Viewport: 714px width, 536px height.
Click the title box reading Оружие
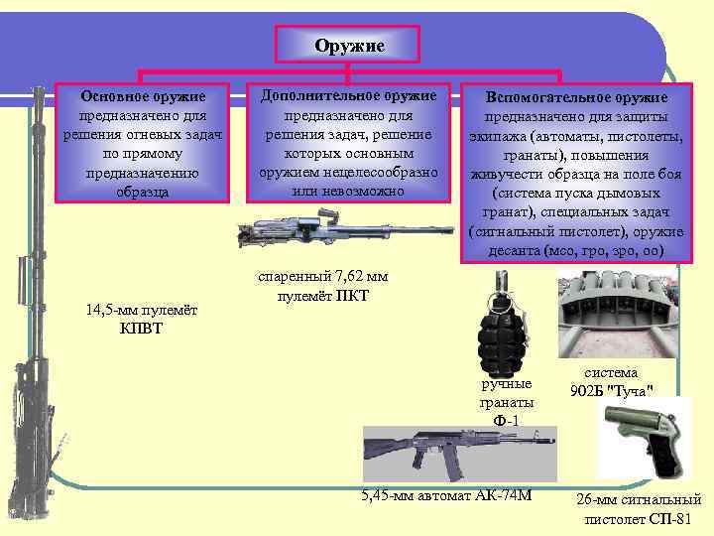[349, 46]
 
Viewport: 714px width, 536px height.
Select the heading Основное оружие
[144, 96]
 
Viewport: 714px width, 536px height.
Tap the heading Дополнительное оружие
[348, 95]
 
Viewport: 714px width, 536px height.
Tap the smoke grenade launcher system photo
[615, 315]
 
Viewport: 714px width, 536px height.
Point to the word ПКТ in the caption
[352, 295]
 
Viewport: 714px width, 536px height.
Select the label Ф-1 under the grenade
[507, 421]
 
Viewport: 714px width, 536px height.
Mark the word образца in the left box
[144, 191]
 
